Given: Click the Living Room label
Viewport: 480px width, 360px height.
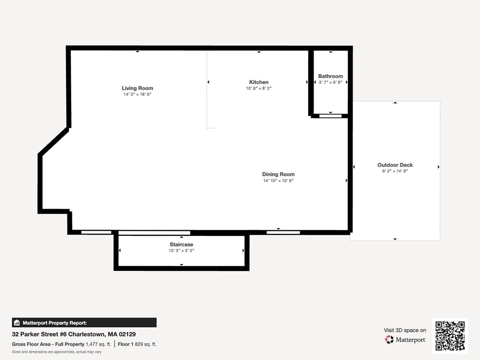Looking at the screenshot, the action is coord(137,88).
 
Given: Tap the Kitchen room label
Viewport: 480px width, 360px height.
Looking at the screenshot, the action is coord(259,82).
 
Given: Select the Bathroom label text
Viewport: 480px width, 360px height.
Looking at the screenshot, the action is coord(330,76).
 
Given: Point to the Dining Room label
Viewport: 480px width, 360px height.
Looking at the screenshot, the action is coord(278,174).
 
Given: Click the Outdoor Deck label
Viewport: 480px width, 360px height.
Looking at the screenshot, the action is coord(395,165).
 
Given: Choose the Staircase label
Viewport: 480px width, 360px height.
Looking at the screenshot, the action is coord(181,245).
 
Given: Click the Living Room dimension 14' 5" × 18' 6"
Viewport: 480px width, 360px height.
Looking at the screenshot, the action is coord(137,94).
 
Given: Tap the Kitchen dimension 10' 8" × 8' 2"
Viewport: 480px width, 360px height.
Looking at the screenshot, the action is coord(259,88).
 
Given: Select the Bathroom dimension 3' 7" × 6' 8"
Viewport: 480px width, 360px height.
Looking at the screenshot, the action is coord(330,82).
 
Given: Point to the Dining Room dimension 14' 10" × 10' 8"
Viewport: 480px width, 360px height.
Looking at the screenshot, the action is coord(278,180).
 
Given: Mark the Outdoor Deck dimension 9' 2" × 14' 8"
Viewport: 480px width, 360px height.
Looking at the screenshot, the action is coord(395,171).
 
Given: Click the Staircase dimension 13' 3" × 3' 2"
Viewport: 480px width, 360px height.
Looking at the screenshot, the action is coord(181,251).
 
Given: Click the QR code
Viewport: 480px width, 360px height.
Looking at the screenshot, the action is coord(450,336).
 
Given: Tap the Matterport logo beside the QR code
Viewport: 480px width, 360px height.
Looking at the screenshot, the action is coord(405,339).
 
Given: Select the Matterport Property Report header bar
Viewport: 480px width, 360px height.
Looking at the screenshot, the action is coord(84,322).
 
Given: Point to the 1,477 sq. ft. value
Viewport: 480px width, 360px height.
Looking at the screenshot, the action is coord(98,344).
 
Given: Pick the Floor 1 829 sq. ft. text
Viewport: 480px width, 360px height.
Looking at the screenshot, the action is coord(137,344).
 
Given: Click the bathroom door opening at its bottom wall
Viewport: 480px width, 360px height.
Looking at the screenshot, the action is coord(330,116).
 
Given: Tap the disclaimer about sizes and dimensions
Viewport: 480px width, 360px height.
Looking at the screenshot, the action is coord(57,352).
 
